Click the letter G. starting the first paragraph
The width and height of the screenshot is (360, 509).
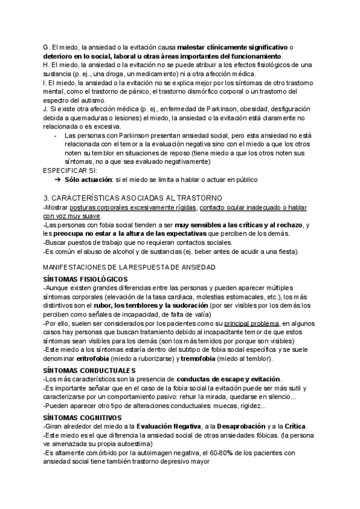(47, 47)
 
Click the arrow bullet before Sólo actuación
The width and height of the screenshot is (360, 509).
(58, 179)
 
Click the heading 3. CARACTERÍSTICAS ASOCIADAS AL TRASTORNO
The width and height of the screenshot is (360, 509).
(133, 198)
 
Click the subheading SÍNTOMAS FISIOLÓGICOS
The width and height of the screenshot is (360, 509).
(85, 280)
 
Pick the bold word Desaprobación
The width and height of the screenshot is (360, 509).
(238, 426)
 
